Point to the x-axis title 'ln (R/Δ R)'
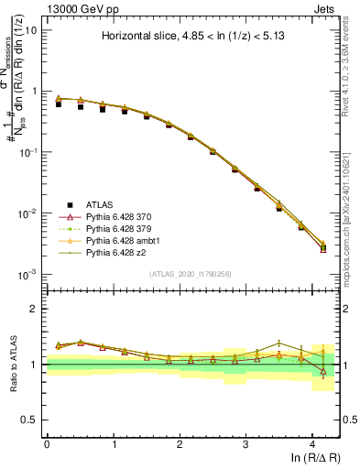(311, 457)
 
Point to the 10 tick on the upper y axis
(30, 30)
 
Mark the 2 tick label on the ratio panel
(34, 309)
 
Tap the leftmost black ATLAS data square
(58, 104)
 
